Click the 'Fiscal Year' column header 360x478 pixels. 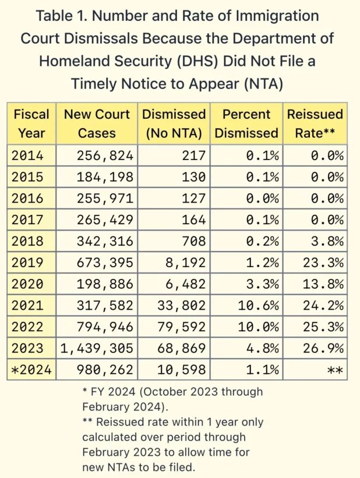click(31, 123)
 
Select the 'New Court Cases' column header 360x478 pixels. click(97, 123)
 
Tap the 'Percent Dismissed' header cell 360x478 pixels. click(246, 123)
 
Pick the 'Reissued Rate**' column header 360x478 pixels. click(315, 123)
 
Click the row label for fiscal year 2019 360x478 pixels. click(28, 263)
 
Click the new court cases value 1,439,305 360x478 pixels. click(97, 348)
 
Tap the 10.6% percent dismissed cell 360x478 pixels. click(256, 305)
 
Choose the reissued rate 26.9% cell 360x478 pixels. click(324, 348)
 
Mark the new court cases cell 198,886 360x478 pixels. click(105, 284)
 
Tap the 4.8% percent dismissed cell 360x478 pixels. click(260, 348)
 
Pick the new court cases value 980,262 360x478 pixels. click(105, 369)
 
